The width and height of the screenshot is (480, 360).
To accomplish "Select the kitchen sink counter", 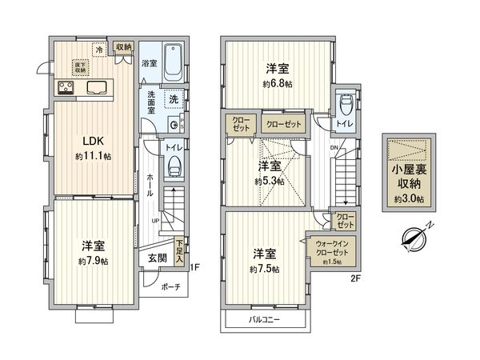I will [x=86, y=88].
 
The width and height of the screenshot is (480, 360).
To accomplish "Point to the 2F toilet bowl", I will [x=346, y=106].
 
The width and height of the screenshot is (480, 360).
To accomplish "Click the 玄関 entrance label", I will [x=157, y=258].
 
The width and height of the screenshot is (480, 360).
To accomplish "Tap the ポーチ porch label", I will [x=170, y=287].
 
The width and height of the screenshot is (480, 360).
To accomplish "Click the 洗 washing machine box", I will [x=172, y=98].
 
